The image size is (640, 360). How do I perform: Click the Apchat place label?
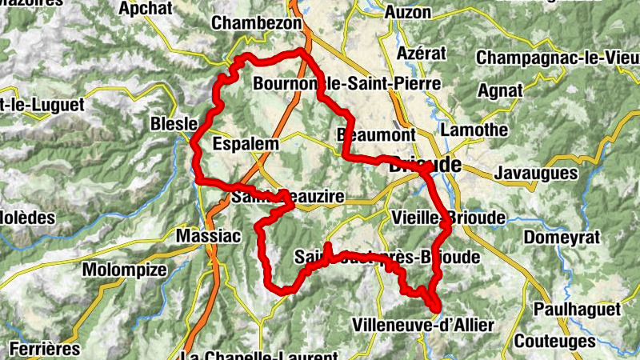click(146, 9)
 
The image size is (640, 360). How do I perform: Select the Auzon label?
click(407, 13)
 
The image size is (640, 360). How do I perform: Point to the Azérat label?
click(421, 54)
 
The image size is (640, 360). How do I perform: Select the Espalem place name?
click(246, 144)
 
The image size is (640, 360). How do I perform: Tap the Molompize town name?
click(124, 270)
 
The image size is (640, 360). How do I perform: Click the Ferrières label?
click(46, 349)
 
